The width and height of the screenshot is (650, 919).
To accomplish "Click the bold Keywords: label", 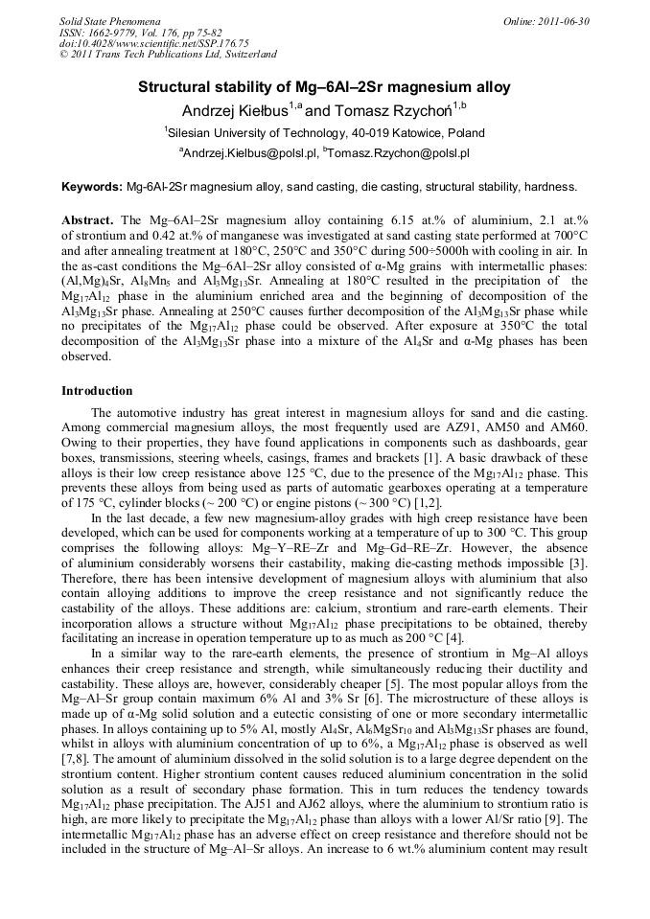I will pyautogui.click(x=92, y=186).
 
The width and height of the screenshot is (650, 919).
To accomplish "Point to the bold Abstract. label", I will pyautogui.click(x=87, y=220).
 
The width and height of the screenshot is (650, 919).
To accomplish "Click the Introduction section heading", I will pyautogui.click(x=97, y=391).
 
